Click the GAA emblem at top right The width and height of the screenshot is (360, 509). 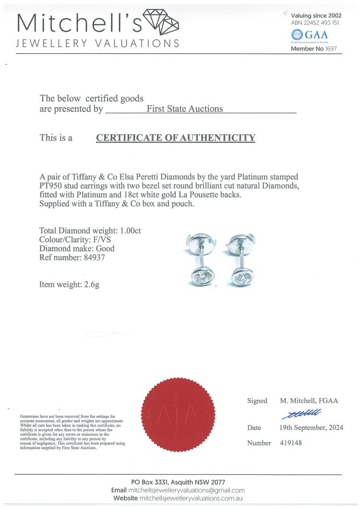pos(298,35)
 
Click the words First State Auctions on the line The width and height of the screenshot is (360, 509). pos(184,108)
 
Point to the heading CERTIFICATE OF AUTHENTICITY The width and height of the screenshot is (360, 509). pos(176,138)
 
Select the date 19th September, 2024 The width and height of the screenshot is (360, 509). pos(311,428)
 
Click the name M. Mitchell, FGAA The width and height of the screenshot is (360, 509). pos(309,401)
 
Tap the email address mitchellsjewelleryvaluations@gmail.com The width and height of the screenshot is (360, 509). pos(186,490)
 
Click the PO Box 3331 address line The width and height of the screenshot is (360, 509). pos(178,482)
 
